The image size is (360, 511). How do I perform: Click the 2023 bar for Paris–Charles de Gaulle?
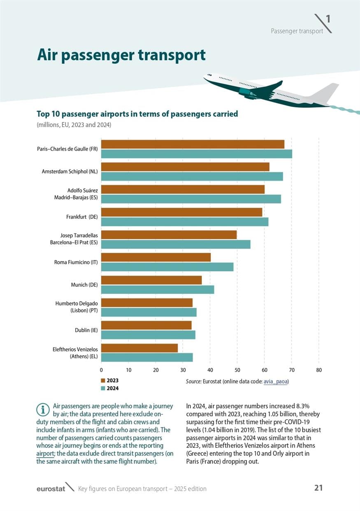[x=193, y=144]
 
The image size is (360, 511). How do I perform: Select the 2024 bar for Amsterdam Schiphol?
[x=192, y=177]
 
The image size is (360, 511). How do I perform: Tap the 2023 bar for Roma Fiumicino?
[x=156, y=257]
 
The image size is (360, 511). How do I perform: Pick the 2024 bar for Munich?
[x=158, y=290]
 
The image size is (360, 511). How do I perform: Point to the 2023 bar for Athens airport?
[x=139, y=348]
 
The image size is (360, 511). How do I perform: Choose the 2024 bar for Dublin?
[x=148, y=335]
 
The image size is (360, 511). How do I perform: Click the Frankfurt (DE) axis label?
[x=81, y=216]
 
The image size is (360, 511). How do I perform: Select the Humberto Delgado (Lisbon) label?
[x=77, y=307]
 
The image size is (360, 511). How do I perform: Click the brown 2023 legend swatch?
[x=103, y=381]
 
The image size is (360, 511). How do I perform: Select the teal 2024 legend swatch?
[x=103, y=388]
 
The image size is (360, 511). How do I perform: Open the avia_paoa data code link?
[x=275, y=381]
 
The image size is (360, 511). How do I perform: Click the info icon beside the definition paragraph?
[x=42, y=409]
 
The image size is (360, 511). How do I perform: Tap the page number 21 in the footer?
[x=318, y=488]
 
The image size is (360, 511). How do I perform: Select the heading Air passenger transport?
[x=121, y=55]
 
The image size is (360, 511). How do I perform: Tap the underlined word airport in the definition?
[x=45, y=453]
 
